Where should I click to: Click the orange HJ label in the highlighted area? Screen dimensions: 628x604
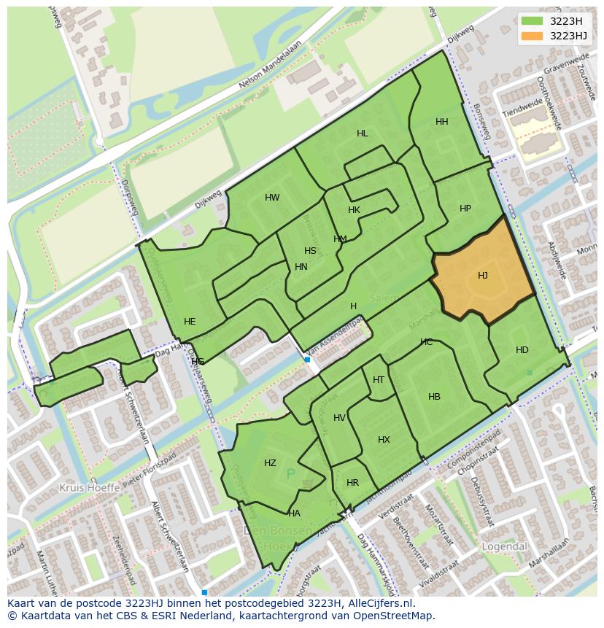click(483, 276)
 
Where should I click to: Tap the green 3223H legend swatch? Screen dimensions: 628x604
click(533, 21)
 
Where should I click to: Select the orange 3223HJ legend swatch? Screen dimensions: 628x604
click(533, 36)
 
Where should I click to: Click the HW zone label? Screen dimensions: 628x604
click(272, 198)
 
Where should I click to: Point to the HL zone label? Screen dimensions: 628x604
click(363, 133)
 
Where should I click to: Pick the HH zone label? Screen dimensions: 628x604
click(442, 122)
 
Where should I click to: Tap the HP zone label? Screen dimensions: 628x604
click(465, 209)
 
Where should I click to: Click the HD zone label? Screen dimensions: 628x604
click(522, 350)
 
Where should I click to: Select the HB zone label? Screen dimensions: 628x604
click(435, 397)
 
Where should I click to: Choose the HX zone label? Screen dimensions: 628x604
click(384, 440)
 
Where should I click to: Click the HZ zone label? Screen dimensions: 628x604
click(271, 463)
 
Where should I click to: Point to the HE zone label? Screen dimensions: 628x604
click(190, 322)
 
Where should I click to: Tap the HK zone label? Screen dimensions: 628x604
click(355, 210)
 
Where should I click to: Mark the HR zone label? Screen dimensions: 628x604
click(353, 483)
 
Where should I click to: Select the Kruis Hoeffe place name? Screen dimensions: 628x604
click(90, 486)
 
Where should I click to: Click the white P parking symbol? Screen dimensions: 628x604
click(291, 475)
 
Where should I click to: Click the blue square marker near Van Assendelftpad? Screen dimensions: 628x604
click(308, 360)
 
